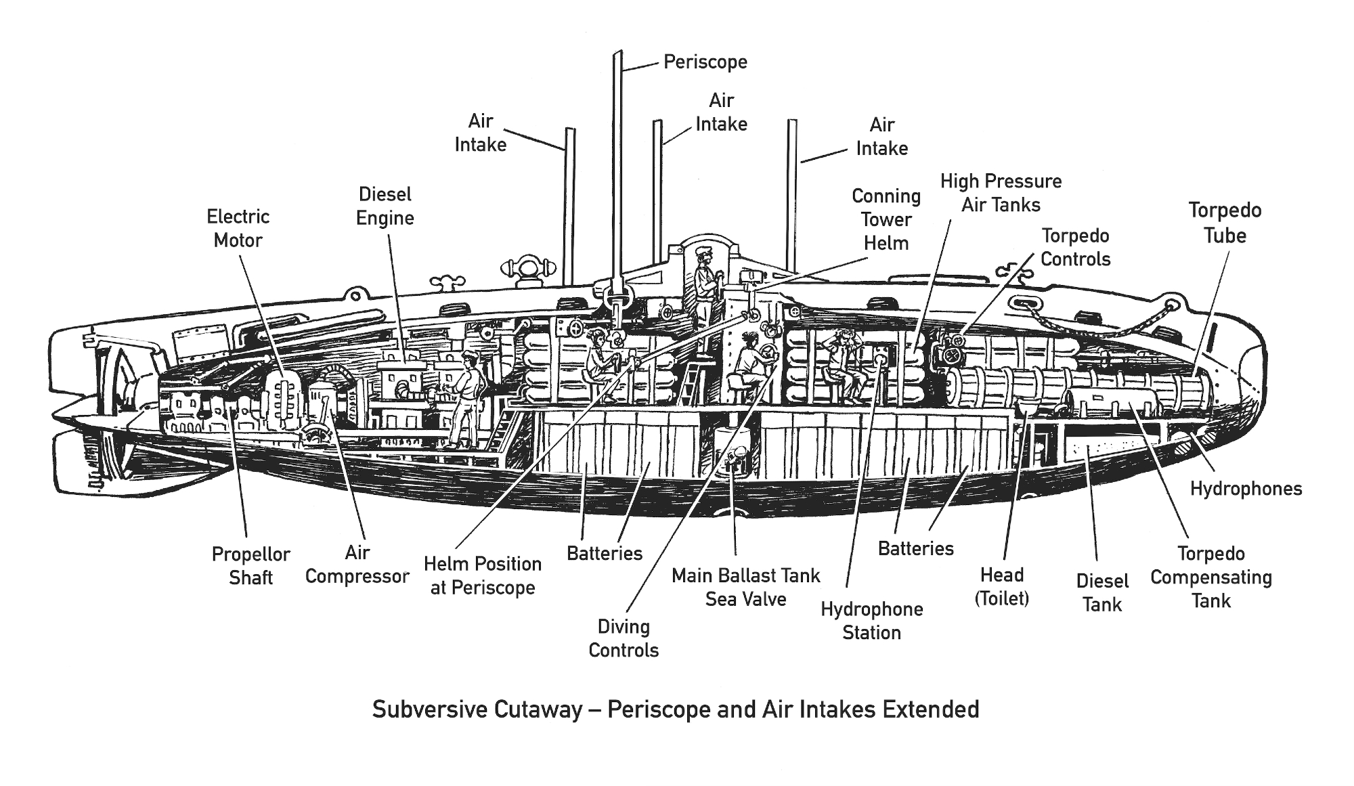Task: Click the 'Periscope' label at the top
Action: coord(705,62)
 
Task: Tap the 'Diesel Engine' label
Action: coord(385,206)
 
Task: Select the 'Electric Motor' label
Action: coord(238,229)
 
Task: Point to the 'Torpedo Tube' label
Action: coord(1225,223)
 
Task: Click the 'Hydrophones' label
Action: coord(1246,489)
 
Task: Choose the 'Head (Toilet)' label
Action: coord(1001,587)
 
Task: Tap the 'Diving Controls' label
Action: coord(624,638)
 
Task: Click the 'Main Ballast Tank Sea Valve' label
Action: coord(745,587)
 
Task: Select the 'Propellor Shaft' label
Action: coord(250,566)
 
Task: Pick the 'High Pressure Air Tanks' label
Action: coord(1001,193)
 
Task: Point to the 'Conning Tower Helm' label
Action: coord(886,219)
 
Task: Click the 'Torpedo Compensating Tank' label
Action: coord(1210,577)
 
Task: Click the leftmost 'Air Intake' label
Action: coord(480,133)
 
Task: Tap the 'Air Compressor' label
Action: coord(357,565)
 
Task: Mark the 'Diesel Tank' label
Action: coord(1102,592)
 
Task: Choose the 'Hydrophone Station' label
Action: coord(871,621)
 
